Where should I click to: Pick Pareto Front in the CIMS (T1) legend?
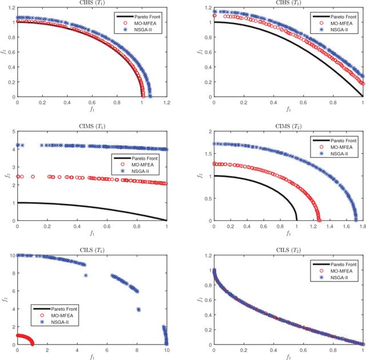pyautogui.click(x=140, y=156)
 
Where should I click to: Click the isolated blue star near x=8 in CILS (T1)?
pyautogui.click(x=138, y=310)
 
